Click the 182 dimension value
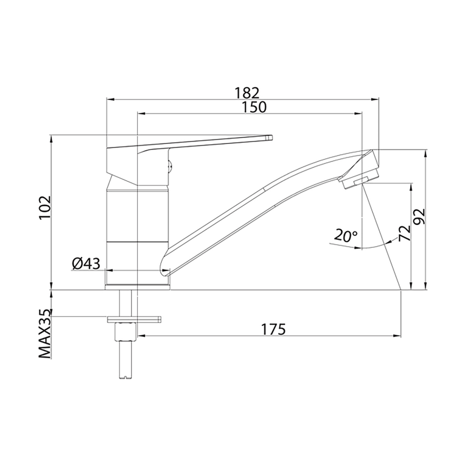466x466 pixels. [247, 93]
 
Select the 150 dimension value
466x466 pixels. [254, 107]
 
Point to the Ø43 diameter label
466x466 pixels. [86, 263]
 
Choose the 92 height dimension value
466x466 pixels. [420, 216]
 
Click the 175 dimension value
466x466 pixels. [273, 329]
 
